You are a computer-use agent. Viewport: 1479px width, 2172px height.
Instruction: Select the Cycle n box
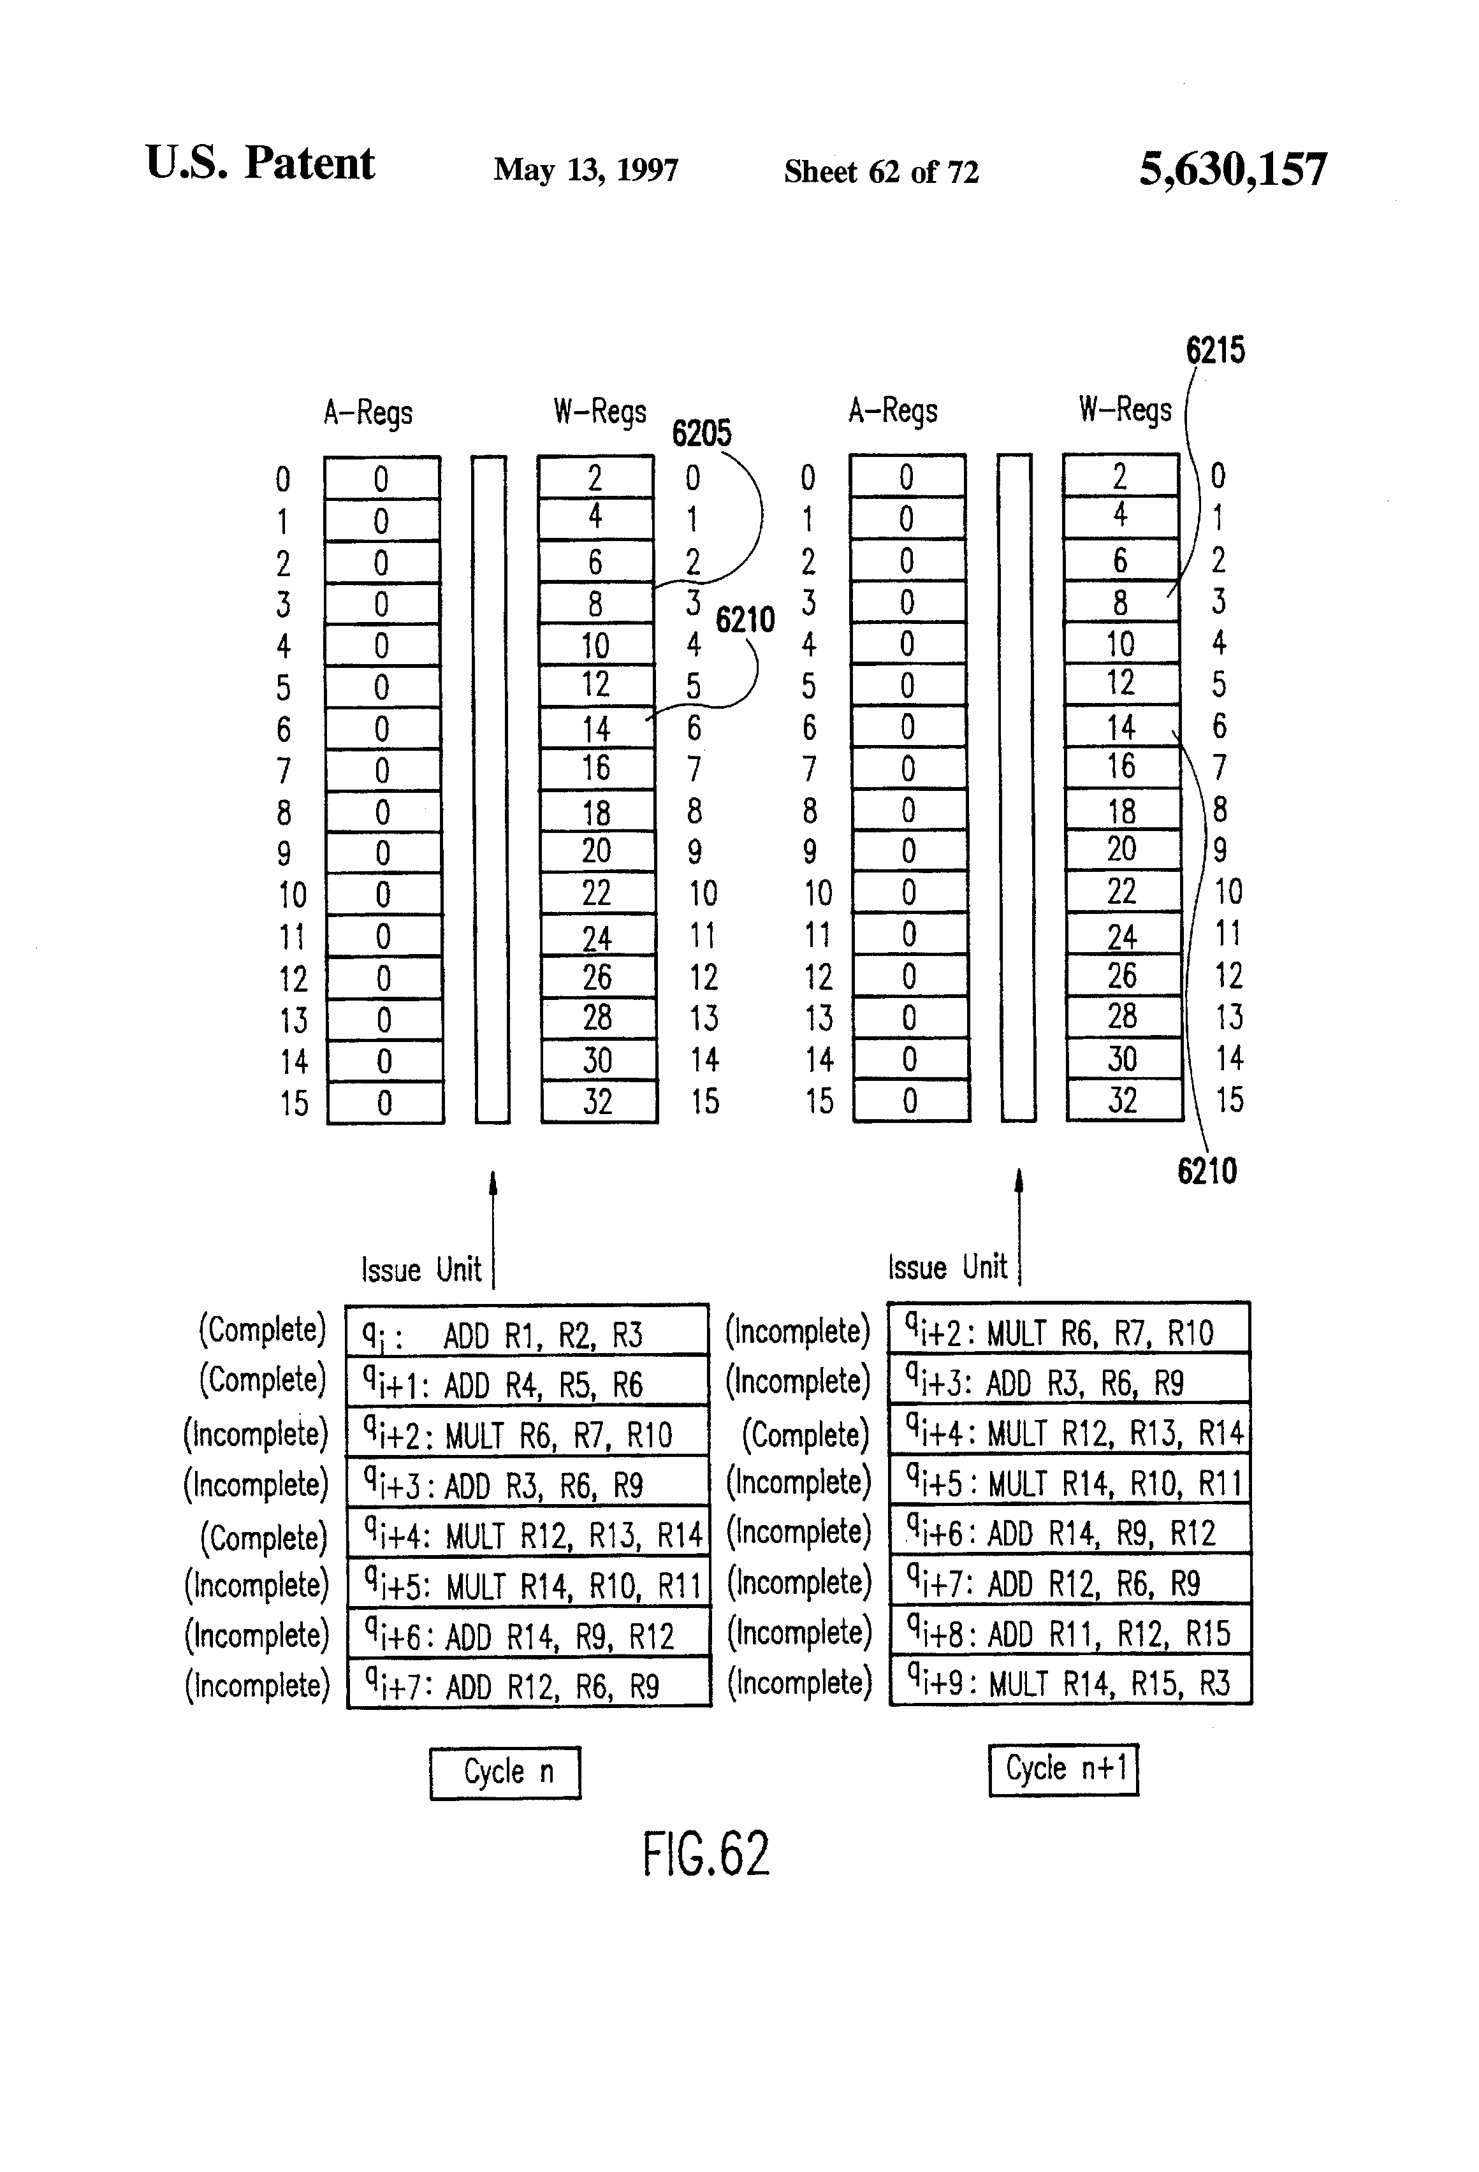505,1772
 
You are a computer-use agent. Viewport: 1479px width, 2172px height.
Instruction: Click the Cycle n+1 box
1063,1768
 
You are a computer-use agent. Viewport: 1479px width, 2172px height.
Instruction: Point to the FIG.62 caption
706,1854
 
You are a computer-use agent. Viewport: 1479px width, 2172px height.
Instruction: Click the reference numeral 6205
701,433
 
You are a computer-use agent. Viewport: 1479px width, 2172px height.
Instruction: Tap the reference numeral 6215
1215,351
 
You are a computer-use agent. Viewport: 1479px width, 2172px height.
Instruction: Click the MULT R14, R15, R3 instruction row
1070,1683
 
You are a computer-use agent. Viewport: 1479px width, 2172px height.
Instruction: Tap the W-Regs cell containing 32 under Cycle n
599,1102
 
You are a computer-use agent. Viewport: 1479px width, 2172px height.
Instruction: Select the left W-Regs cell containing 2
595,477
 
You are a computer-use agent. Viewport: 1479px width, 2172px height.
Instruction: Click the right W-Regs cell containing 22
1122,892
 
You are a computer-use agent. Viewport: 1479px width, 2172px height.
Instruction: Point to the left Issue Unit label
421,1269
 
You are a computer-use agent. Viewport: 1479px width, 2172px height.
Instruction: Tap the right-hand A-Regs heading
893,411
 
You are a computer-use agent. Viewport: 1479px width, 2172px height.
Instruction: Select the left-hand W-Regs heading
599,411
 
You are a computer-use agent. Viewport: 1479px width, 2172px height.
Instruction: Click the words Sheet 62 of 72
880,172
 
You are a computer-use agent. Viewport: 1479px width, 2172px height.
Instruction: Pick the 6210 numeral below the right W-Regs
1207,1171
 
